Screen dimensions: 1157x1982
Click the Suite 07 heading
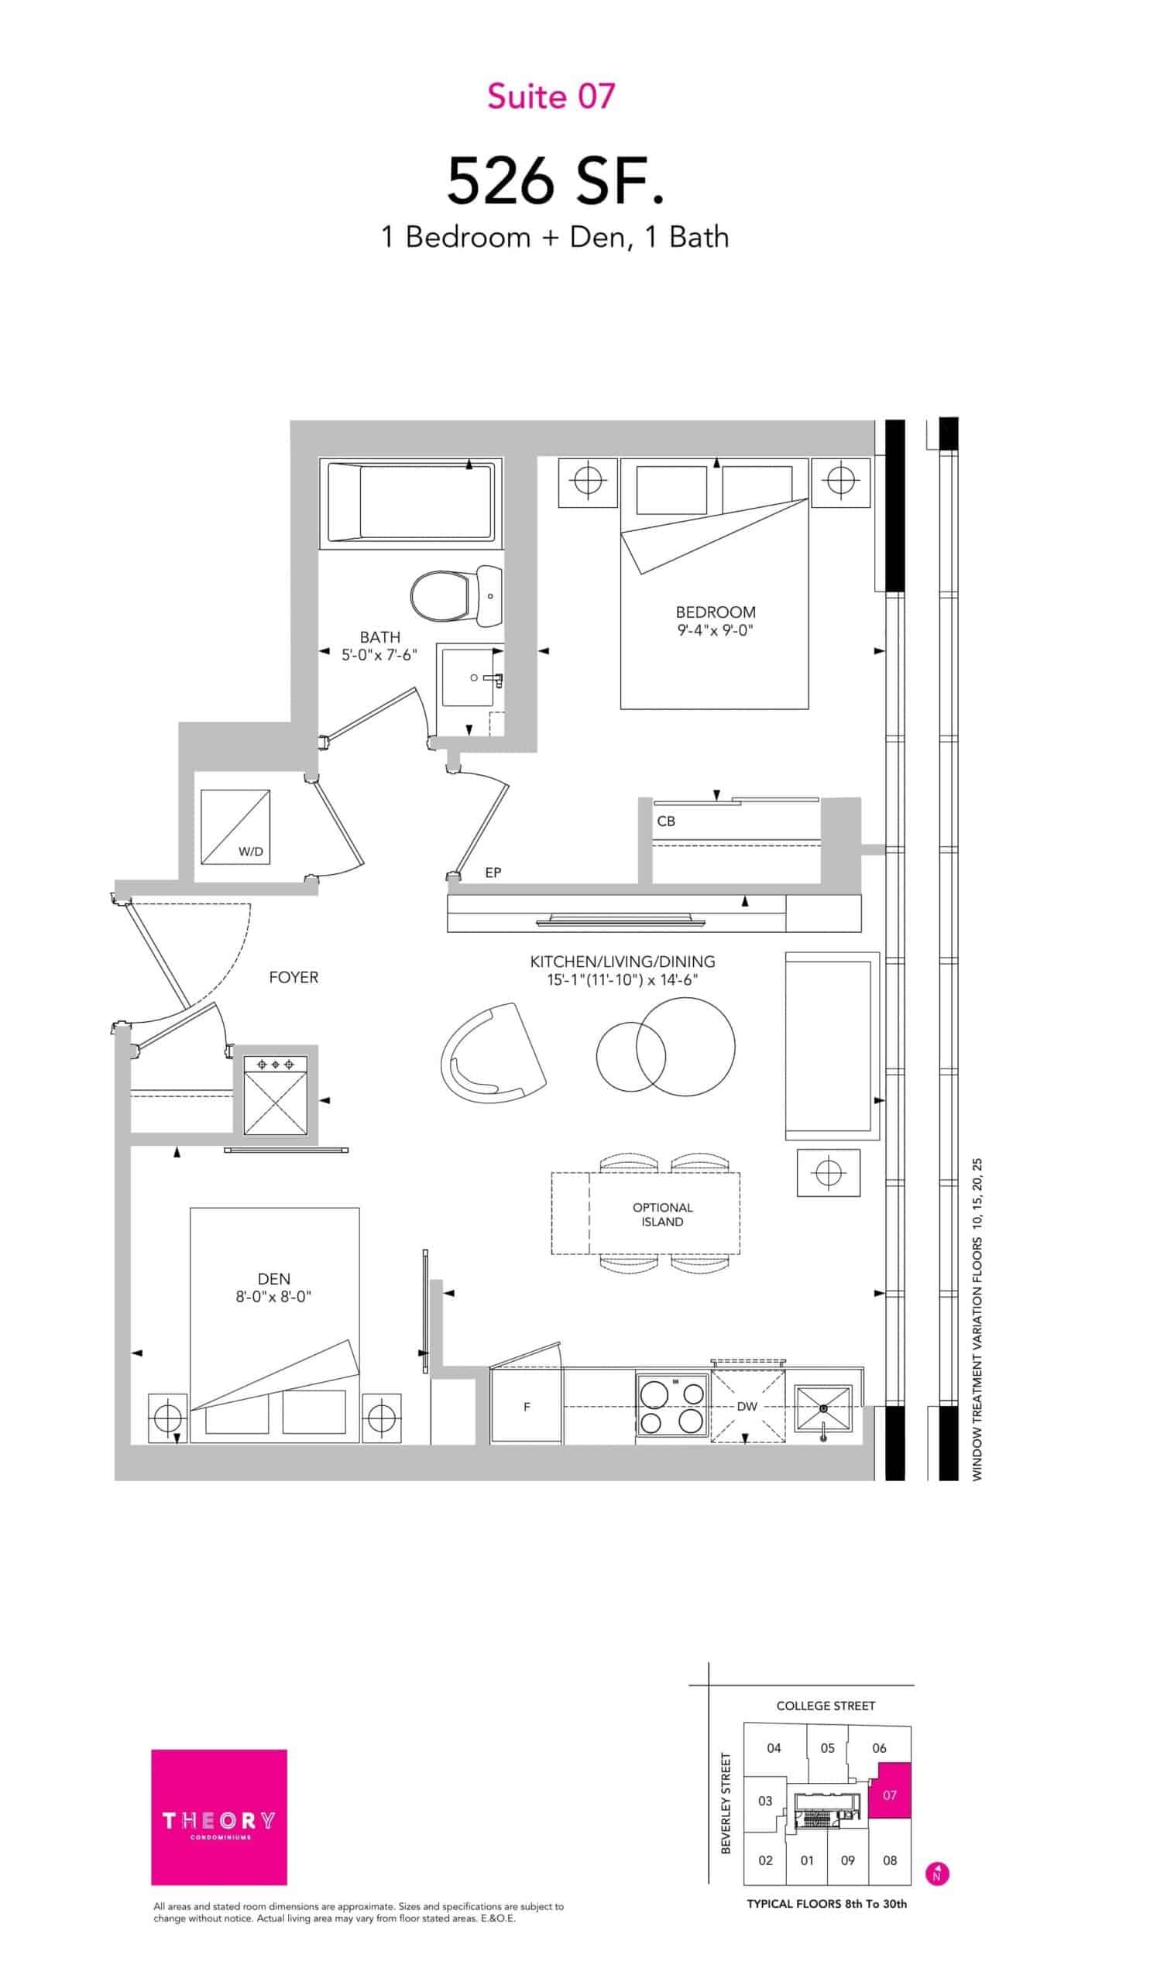click(551, 96)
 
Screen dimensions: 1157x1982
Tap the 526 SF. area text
click(555, 181)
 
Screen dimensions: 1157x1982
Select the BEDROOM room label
click(715, 612)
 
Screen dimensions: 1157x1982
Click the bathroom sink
click(470, 676)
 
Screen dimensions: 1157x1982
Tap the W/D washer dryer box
click(235, 826)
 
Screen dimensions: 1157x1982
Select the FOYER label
click(294, 978)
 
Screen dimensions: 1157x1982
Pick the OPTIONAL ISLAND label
click(662, 1215)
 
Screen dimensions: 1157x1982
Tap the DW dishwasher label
click(747, 1405)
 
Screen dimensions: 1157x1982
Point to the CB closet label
click(665, 821)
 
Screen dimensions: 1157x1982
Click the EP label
click(493, 873)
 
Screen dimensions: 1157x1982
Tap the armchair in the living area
click(493, 1052)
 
